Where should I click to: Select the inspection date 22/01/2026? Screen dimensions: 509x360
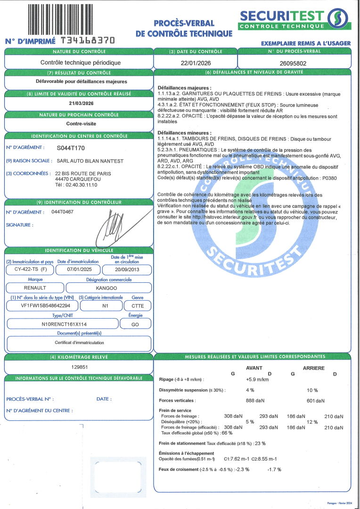coord(195,62)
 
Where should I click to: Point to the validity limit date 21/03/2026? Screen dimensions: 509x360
coord(78,103)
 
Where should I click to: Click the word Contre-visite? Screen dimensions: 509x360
coord(78,124)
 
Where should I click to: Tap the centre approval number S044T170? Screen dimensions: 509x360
coord(71,148)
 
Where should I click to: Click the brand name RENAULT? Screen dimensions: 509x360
coord(35,287)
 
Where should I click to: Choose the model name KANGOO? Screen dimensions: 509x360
coord(109,287)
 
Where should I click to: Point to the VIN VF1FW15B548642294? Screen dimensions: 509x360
coord(41,305)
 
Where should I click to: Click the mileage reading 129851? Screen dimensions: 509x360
coord(78,366)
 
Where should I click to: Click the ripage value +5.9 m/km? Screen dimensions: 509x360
coord(257,379)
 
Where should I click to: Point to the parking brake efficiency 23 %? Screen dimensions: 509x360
coord(260,443)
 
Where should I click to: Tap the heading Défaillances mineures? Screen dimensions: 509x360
coord(185,133)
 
